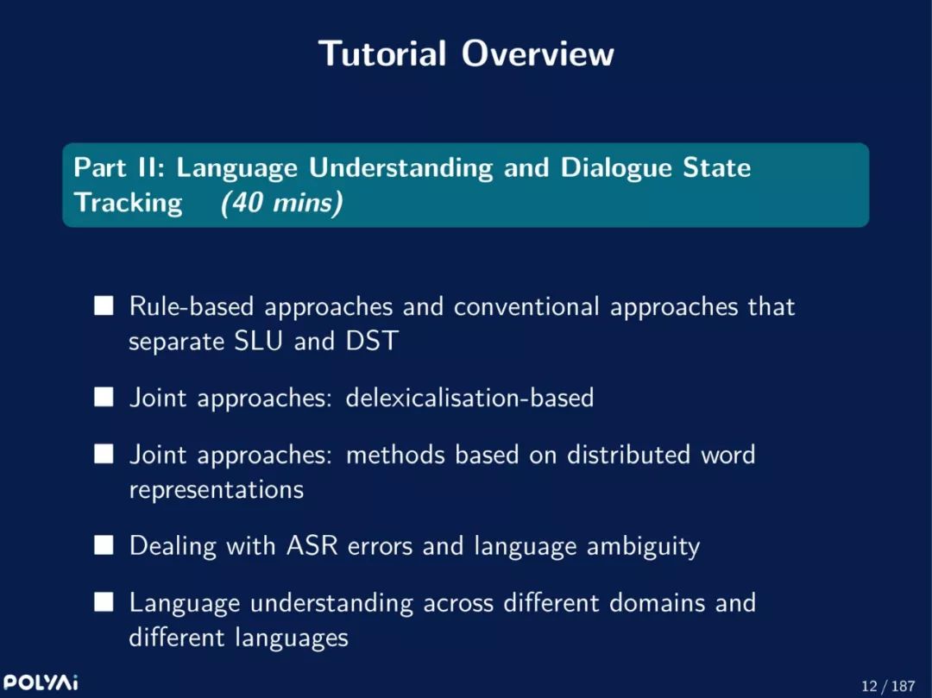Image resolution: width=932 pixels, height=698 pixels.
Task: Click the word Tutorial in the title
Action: [x=382, y=53]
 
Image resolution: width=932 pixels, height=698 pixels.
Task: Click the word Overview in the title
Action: [x=538, y=53]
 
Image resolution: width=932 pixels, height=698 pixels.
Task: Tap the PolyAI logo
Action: [x=40, y=682]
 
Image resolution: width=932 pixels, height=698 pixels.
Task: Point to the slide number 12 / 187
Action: [x=888, y=686]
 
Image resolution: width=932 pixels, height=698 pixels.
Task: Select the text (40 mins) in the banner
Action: [x=281, y=203]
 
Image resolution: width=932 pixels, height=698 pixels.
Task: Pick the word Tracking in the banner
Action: [x=128, y=203]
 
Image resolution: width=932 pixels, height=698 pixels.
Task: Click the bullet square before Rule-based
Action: [x=104, y=306]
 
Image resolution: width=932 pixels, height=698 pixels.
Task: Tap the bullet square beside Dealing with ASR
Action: [x=104, y=544]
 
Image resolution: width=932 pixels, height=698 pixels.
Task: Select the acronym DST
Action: [x=371, y=341]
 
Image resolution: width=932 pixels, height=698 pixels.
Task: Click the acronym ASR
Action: [x=312, y=545]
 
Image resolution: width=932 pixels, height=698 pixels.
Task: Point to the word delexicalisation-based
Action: [x=469, y=398]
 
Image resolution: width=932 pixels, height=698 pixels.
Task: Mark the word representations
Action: [x=217, y=489]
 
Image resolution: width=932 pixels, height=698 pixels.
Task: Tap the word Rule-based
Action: [x=192, y=306]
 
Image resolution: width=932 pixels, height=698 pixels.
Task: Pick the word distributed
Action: [x=628, y=455]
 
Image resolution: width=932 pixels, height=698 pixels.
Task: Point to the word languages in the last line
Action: [x=292, y=638]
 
